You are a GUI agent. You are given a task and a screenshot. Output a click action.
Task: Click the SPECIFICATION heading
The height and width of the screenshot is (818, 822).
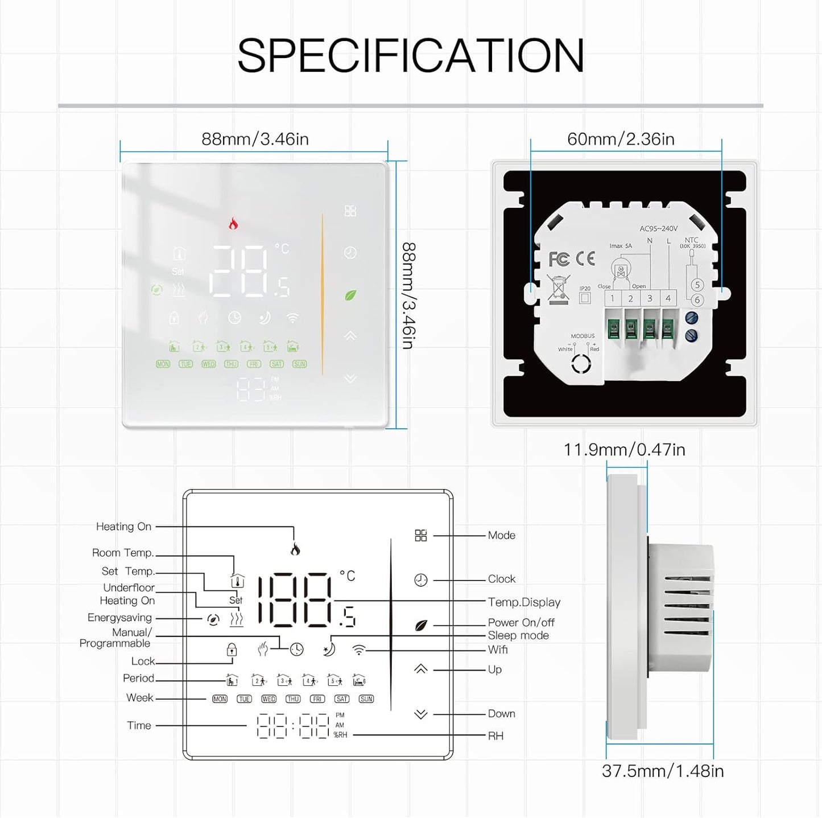coord(411,55)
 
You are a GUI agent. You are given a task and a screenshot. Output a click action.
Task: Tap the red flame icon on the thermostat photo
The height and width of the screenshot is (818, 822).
coord(233,223)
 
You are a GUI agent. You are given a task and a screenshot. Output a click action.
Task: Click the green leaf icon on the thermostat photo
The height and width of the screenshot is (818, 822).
coord(350,295)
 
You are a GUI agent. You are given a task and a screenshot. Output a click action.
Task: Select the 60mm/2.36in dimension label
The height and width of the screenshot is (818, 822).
coord(621,139)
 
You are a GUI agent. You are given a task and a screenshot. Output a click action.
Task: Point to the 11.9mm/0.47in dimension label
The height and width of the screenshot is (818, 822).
coord(624,450)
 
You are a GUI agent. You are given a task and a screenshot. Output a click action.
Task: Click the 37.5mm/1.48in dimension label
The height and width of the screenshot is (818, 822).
coord(663,771)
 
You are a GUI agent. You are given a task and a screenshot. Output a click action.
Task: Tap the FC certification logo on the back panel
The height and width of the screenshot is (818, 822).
coord(559,259)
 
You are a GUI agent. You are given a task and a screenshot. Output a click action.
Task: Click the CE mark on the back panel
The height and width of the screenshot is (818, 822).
coord(585,258)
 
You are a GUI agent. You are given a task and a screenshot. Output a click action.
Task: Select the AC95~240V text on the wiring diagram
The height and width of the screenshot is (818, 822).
coord(658,229)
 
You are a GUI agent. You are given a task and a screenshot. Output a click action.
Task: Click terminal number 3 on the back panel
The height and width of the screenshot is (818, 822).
coord(649,298)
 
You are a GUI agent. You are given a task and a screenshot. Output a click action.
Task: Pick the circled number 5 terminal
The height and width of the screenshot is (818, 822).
coord(697,285)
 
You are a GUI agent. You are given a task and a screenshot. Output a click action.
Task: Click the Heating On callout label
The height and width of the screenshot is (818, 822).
coord(123,527)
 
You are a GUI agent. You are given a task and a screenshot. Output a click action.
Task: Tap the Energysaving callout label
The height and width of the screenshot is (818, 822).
coord(119,618)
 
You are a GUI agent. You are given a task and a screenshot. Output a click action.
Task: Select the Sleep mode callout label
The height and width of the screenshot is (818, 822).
coord(518,635)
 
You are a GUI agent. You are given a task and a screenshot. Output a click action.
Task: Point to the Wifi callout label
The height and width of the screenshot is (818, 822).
coord(498,650)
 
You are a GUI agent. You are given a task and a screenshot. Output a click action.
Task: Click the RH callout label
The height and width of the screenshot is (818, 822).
coord(495,736)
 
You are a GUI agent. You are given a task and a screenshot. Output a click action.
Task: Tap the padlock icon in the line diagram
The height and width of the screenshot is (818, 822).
coord(232,650)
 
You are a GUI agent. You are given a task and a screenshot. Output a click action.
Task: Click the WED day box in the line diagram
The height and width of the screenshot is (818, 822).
coord(269,699)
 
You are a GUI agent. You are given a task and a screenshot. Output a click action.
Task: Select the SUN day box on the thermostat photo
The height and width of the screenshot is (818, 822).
coord(299,364)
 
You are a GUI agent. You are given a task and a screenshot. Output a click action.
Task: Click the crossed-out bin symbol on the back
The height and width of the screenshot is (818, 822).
coord(558,287)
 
